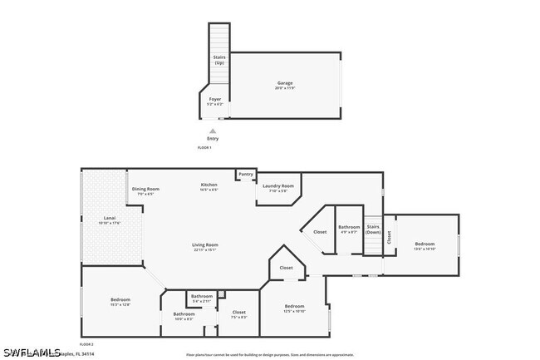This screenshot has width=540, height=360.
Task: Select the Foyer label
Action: (214, 100)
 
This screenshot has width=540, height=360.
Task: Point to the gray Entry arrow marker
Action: (213, 131)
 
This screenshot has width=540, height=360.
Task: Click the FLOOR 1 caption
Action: (204, 147)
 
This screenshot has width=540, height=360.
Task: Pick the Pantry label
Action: (246, 174)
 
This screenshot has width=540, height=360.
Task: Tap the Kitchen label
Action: (209, 185)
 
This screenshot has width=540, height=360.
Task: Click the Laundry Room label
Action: (277, 187)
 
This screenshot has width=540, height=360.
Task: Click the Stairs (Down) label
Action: (373, 229)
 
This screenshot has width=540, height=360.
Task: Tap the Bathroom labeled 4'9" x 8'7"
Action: (349, 229)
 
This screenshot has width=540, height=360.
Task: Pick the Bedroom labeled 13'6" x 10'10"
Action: (425, 245)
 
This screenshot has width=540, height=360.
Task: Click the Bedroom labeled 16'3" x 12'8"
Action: (120, 301)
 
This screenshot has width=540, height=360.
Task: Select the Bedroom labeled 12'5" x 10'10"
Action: (294, 308)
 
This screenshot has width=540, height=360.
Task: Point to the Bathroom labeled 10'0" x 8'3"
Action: (184, 315)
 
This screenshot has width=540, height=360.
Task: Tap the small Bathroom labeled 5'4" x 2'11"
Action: (202, 298)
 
